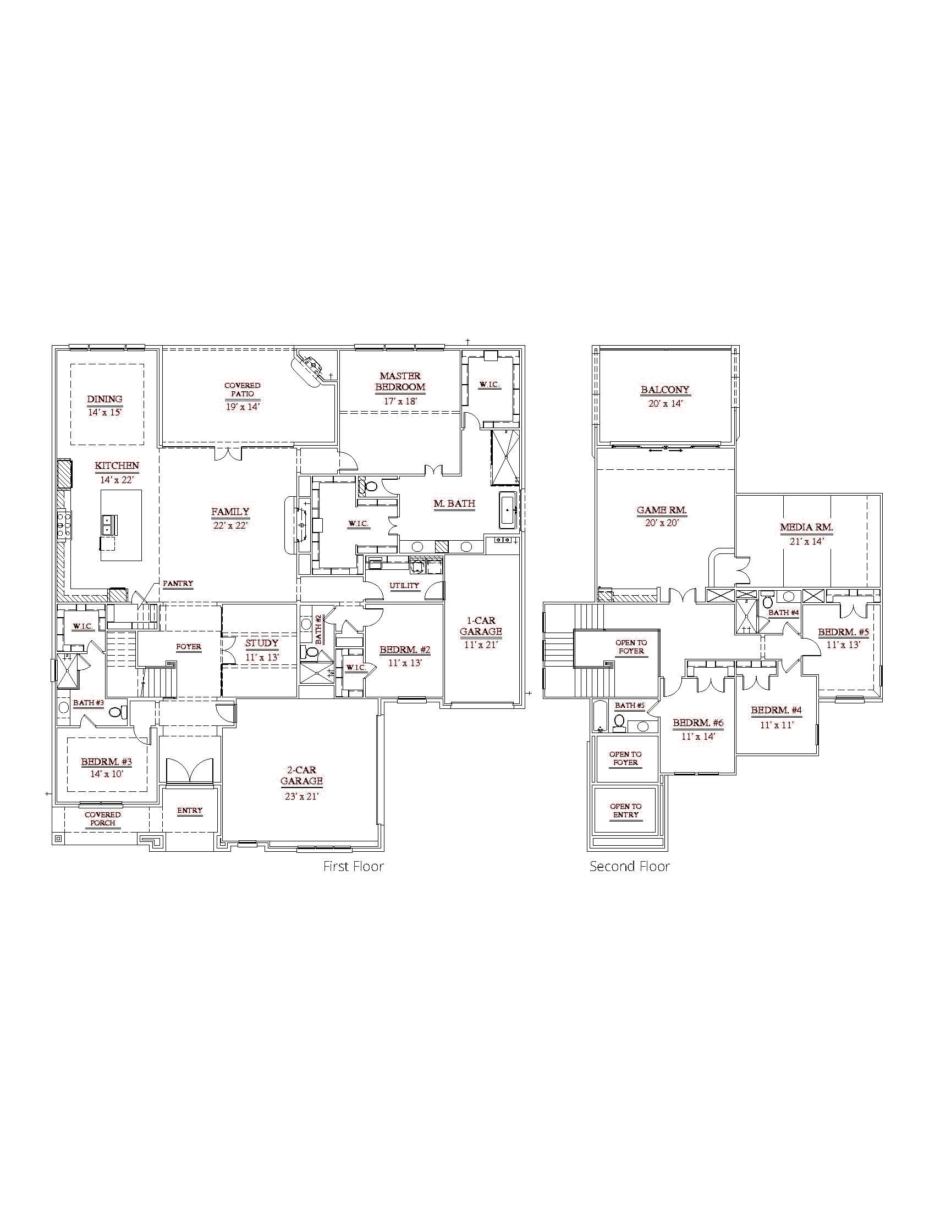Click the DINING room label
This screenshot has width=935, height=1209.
coord(105,399)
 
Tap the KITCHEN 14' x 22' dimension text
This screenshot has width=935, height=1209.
coord(117,480)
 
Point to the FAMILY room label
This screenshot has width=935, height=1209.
coord(230,512)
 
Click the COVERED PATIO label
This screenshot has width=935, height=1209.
coord(243,390)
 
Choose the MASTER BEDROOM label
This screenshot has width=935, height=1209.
coord(400,381)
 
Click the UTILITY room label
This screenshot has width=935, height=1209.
coord(404,586)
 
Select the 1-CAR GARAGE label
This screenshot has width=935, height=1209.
coord(481,626)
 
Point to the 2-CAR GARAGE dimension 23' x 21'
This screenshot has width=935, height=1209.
coord(301,796)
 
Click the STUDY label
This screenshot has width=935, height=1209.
coord(262,644)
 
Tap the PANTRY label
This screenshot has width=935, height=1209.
coord(178,584)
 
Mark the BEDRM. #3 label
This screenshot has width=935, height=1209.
coord(106,762)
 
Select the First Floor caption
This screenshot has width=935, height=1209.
coord(354,866)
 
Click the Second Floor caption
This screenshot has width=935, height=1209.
coord(629,866)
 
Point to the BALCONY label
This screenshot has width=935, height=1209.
coord(665,390)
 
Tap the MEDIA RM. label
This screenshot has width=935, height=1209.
coord(806,528)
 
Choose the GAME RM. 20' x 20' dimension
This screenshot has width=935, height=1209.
coord(661,523)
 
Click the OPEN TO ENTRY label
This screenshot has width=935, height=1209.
coord(625,811)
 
